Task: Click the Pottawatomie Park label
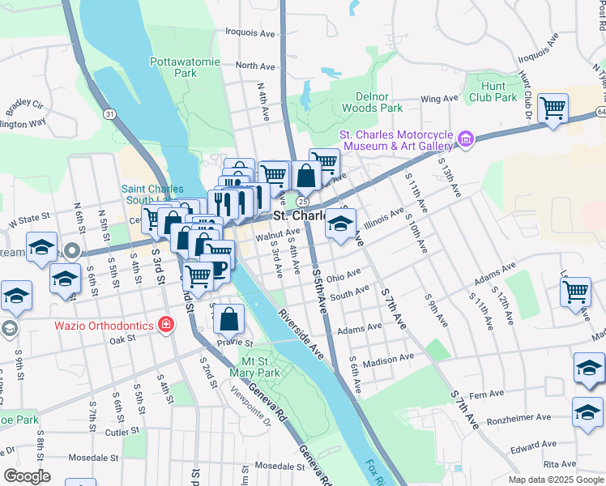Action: [173, 67]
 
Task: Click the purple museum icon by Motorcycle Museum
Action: [466, 139]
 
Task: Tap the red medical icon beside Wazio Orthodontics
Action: [165, 325]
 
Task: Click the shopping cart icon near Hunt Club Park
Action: [553, 107]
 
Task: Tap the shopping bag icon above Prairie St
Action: [230, 319]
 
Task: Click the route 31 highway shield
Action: [109, 114]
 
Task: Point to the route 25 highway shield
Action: [301, 200]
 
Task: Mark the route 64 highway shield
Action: [600, 110]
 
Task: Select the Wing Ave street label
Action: [439, 99]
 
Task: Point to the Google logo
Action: [28, 475]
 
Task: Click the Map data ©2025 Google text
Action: [555, 480]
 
